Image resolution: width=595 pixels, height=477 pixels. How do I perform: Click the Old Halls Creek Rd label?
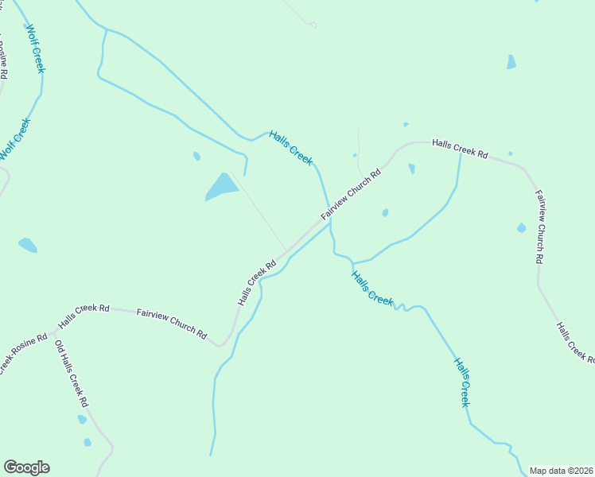[x=71, y=374]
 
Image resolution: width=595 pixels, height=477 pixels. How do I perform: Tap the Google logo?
[x=26, y=467]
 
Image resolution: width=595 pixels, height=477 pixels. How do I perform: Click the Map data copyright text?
[x=562, y=471]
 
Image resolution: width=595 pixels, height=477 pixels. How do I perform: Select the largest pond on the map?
[x=222, y=188]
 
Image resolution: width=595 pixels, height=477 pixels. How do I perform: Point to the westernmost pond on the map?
[x=28, y=245]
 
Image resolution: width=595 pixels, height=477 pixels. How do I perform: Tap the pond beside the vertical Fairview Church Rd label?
[x=521, y=228]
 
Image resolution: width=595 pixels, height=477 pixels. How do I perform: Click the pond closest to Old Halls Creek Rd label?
[x=82, y=419]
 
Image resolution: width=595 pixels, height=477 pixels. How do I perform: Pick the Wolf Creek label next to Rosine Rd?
[x=36, y=48]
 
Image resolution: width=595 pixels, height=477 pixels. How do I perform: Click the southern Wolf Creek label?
[x=15, y=139]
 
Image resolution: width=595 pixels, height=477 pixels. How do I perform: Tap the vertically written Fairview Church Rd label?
[x=539, y=227]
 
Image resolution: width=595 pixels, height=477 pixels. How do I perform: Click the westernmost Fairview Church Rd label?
[x=171, y=323]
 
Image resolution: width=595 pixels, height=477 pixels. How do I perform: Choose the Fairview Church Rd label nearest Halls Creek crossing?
[x=352, y=193]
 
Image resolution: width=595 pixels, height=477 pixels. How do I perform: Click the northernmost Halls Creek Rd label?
[x=460, y=149]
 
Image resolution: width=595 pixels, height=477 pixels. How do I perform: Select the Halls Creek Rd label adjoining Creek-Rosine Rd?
[x=84, y=316]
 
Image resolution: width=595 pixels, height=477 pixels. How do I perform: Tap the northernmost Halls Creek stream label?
[x=290, y=148]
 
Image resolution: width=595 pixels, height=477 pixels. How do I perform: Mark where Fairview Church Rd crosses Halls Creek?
[x=328, y=222]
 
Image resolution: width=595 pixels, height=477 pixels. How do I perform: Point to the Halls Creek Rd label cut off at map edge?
[x=574, y=343]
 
